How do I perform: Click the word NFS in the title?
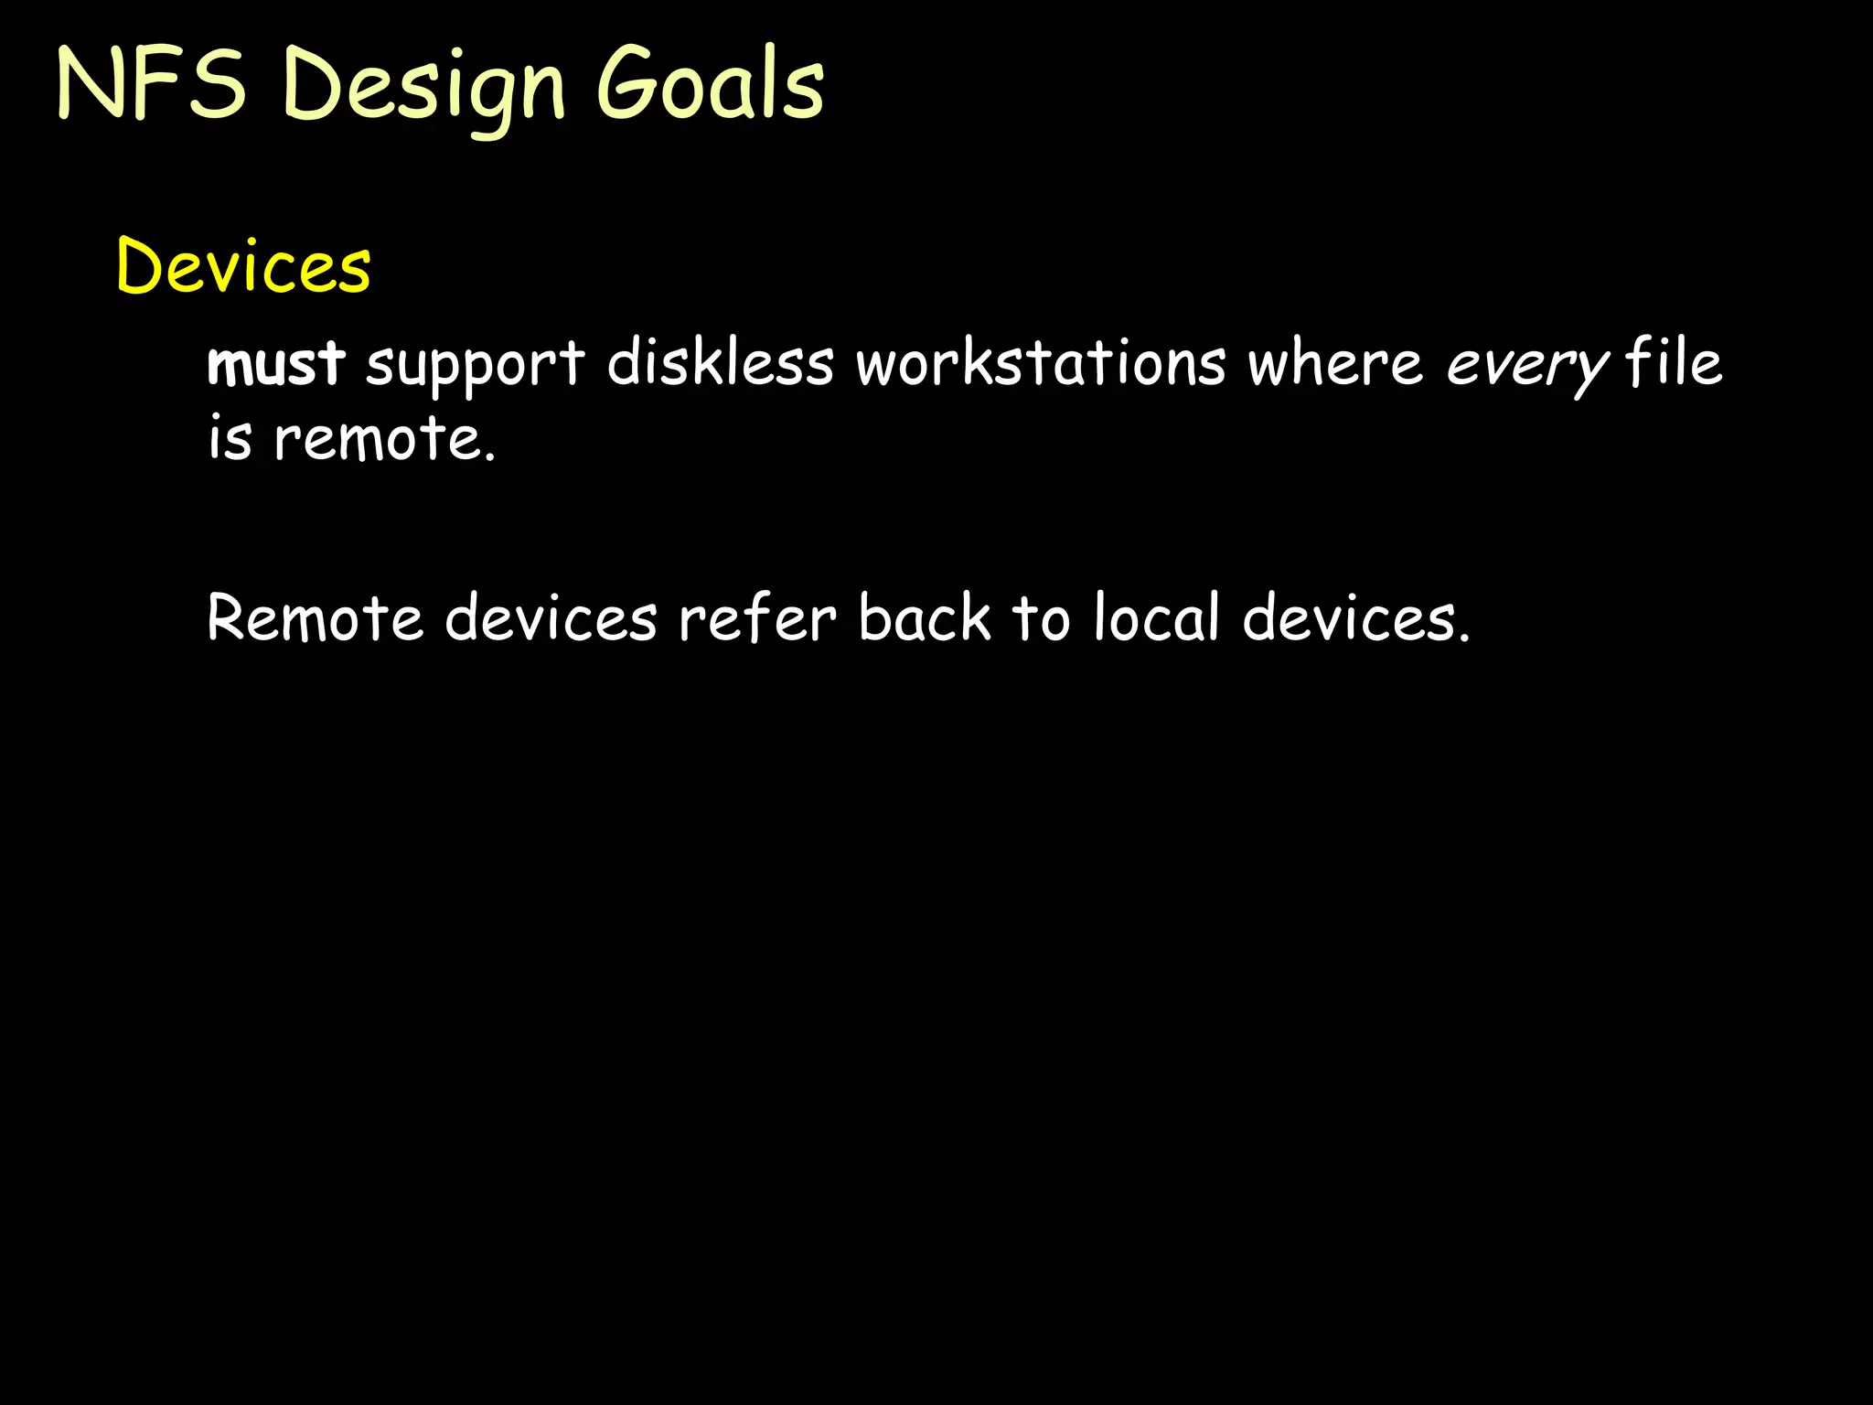point(152,84)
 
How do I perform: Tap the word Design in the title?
point(424,88)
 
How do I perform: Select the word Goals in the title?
point(711,84)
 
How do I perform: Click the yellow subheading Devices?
point(244,266)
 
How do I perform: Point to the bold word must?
point(276,363)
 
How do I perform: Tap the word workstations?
point(1041,363)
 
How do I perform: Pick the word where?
point(1335,363)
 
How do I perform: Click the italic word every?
point(1526,365)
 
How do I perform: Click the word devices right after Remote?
point(551,617)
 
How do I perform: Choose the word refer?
point(757,617)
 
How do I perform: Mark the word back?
point(925,617)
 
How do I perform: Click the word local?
point(1157,617)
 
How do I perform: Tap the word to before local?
point(1041,617)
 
